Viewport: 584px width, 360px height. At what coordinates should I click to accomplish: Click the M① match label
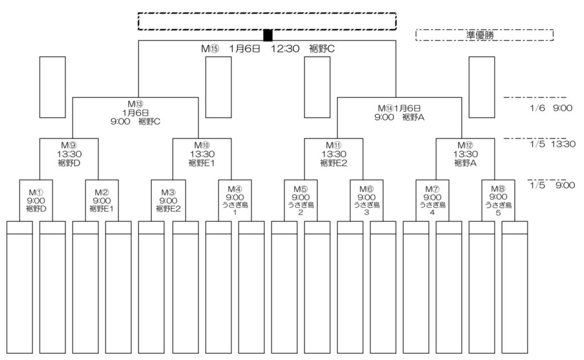tap(35, 192)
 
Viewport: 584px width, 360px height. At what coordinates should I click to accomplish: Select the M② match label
tap(102, 192)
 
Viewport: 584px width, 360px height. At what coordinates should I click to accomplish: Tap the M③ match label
tap(168, 192)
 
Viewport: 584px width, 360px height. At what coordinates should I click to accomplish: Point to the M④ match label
tap(234, 189)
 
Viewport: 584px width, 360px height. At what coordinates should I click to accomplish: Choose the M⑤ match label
tap(300, 189)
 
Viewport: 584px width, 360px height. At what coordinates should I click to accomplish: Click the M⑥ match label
tap(366, 189)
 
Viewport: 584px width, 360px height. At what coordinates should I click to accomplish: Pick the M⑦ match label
tap(432, 189)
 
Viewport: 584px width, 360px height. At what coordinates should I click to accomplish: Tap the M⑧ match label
tap(498, 189)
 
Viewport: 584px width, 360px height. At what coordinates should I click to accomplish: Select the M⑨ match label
tap(68, 145)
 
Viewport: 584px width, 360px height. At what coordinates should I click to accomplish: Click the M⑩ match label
tap(201, 145)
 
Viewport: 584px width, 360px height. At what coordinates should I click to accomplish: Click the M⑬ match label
tap(135, 104)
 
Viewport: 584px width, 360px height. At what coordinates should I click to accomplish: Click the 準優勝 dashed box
tap(484, 35)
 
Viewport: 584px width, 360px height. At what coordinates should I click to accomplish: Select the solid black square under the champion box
tap(267, 35)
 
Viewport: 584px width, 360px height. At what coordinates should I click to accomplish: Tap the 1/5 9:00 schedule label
tap(551, 185)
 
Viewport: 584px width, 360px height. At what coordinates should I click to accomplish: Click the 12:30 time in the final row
tap(285, 49)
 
